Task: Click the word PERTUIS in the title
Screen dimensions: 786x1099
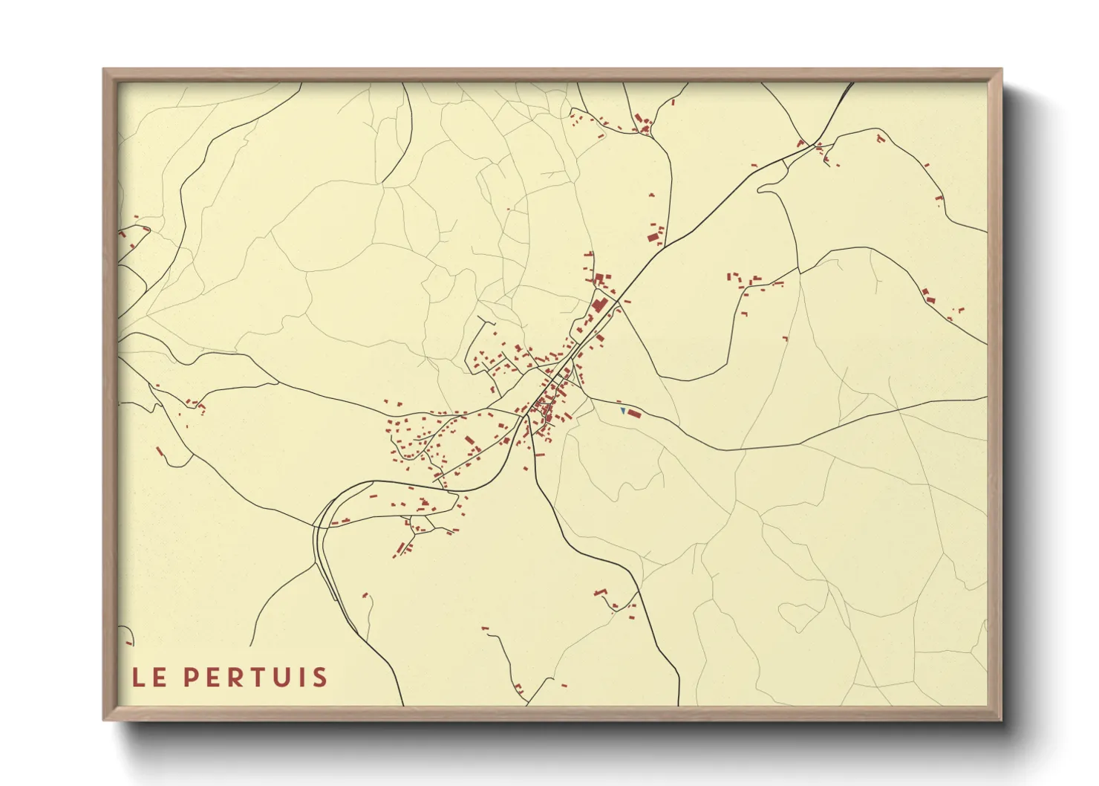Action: click(x=255, y=678)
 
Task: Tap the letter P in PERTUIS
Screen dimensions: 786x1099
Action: click(x=191, y=678)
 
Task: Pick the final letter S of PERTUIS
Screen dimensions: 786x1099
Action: click(x=319, y=678)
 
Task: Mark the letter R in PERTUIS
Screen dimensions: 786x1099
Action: click(x=236, y=678)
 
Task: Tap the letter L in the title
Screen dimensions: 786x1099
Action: click(x=139, y=678)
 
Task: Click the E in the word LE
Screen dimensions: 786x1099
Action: click(x=159, y=678)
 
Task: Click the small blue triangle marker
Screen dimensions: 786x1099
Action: click(x=623, y=410)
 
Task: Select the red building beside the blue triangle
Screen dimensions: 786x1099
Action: click(x=633, y=413)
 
